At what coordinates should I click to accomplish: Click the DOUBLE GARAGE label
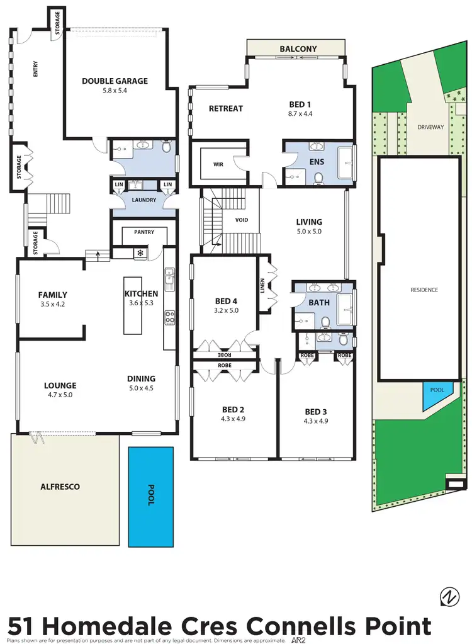coord(115,81)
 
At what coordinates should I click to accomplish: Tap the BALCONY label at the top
coord(298,48)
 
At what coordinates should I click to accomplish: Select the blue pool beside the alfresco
coord(151,496)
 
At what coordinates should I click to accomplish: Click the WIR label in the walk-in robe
coord(218,164)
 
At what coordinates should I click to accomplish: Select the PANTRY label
coord(143,232)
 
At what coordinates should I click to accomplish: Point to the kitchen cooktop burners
coord(169,318)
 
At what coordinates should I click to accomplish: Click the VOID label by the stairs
coord(242,220)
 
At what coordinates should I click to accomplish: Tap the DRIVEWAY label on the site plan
coord(430,127)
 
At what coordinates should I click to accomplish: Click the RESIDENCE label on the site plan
coord(424,290)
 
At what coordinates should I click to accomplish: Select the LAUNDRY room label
coord(143,201)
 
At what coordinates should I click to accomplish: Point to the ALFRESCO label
coord(60,487)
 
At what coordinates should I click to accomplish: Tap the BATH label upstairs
coord(319,303)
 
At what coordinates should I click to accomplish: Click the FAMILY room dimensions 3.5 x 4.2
coord(52,304)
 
